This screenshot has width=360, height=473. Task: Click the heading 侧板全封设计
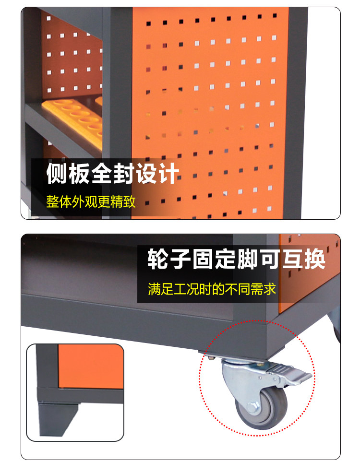tap(113, 174)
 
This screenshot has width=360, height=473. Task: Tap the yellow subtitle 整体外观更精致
tap(91, 201)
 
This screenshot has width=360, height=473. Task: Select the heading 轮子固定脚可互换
tap(236, 260)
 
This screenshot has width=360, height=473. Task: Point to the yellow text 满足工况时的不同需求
tap(212, 289)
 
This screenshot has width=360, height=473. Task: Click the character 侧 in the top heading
tap(57, 174)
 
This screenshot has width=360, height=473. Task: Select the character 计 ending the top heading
tap(168, 174)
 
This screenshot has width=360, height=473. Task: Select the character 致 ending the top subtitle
tap(130, 201)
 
